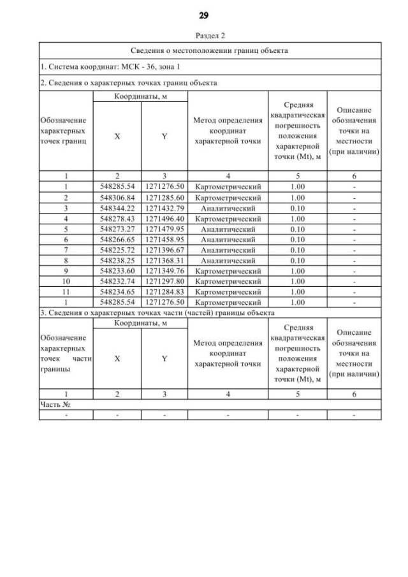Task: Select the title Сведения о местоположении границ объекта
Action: [x=210, y=50]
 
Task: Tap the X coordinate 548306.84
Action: [x=117, y=198]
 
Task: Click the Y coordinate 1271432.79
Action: [x=164, y=208]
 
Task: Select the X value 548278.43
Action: [x=117, y=219]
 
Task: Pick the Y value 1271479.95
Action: [x=164, y=229]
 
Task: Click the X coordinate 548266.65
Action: [x=117, y=240]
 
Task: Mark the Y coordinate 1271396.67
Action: [x=164, y=250]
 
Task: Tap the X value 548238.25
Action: [x=117, y=260]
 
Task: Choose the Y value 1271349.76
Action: [x=164, y=271]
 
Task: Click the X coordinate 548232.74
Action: [x=117, y=281]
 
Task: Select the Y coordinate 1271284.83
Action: [x=164, y=291]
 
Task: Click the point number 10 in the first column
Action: [x=66, y=281]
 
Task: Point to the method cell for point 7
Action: [x=228, y=250]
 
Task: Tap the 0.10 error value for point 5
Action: [x=297, y=229]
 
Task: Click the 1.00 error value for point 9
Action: [x=297, y=271]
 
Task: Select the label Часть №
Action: [x=54, y=404]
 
